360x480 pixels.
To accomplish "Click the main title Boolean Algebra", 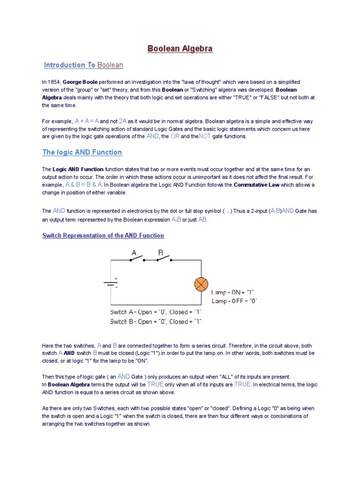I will pos(180,49).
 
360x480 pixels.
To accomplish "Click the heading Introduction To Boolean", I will pos(83,65).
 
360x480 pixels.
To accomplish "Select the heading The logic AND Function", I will pos(82,152).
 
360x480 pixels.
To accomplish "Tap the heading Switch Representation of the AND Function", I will pos(103,235).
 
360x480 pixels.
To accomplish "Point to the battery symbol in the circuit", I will pos(110,284).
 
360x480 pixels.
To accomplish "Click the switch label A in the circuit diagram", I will pos(134,253).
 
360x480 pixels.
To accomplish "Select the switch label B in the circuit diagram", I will pos(160,253).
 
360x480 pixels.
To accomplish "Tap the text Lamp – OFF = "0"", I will pos(234,301).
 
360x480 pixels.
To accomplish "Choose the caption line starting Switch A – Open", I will pos(156,312).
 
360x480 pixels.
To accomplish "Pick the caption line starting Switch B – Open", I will pos(156,322).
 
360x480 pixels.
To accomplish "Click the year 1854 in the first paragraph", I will pos(54,82).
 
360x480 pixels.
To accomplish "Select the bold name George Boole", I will pos(80,82).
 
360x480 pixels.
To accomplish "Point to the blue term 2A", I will pos(123,120).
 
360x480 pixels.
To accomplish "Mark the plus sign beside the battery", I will pos(116,279).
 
